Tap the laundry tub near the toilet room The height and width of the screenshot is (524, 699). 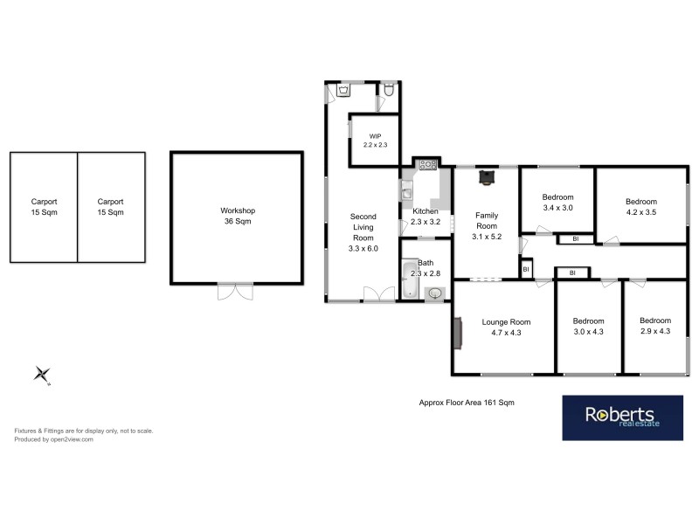coord(344,90)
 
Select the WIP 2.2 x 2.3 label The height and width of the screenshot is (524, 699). coord(376,140)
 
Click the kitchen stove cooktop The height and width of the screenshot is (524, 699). coord(427,163)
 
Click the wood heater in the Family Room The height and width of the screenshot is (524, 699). coord(485,178)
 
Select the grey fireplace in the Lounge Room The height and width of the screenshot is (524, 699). coord(457,332)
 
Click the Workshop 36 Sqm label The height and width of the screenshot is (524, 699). coord(237,216)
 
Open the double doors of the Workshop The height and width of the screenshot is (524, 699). coord(236,292)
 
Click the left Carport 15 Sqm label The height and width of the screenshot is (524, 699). coord(43,206)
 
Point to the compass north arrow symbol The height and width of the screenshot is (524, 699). coord(42,374)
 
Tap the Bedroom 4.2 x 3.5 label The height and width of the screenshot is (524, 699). coord(640,206)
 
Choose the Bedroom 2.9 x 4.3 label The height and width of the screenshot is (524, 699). coord(654,326)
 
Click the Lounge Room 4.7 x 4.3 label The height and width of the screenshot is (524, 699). coord(506,327)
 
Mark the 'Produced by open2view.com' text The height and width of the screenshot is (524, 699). coord(53,439)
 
